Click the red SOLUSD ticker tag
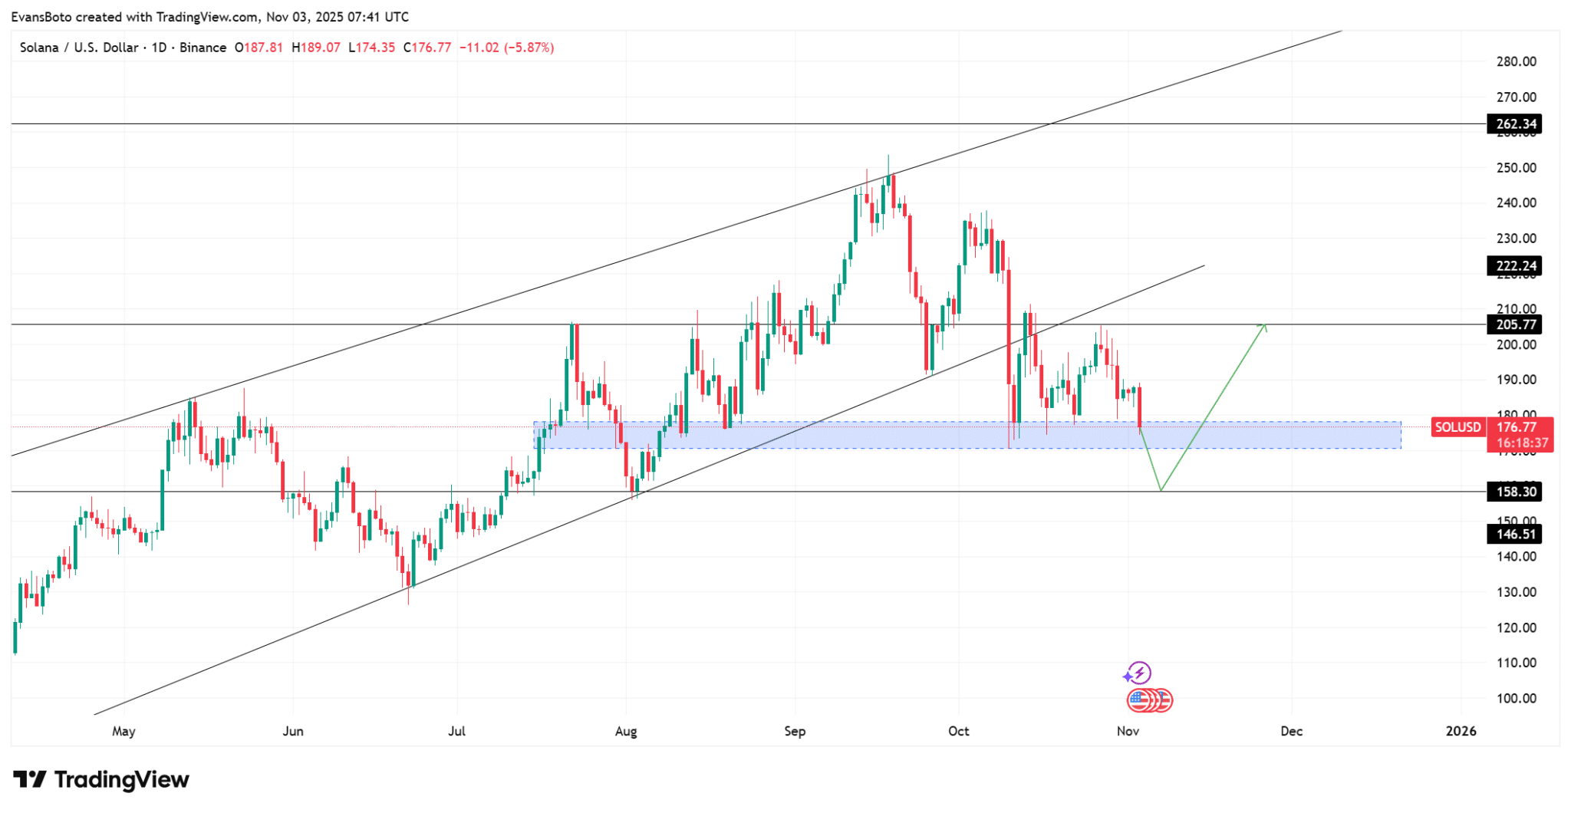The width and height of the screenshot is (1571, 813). tap(1457, 427)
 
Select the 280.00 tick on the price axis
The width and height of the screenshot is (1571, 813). tap(1516, 61)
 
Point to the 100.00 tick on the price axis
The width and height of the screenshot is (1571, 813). tap(1516, 698)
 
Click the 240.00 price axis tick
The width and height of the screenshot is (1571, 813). tap(1516, 202)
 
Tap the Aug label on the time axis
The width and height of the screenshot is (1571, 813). tap(626, 731)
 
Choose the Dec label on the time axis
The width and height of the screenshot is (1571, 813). tap(1291, 731)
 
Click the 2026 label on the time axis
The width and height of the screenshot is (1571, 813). tap(1461, 731)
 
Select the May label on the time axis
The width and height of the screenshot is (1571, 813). tap(124, 731)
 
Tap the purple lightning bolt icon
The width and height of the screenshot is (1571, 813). tap(1138, 673)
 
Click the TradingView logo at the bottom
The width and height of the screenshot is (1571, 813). tap(101, 780)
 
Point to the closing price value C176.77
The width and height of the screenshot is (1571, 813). tap(427, 48)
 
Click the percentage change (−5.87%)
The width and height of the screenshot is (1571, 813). tap(529, 48)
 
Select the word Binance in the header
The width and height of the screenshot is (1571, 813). tap(203, 48)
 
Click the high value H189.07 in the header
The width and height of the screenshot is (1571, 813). tap(315, 48)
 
